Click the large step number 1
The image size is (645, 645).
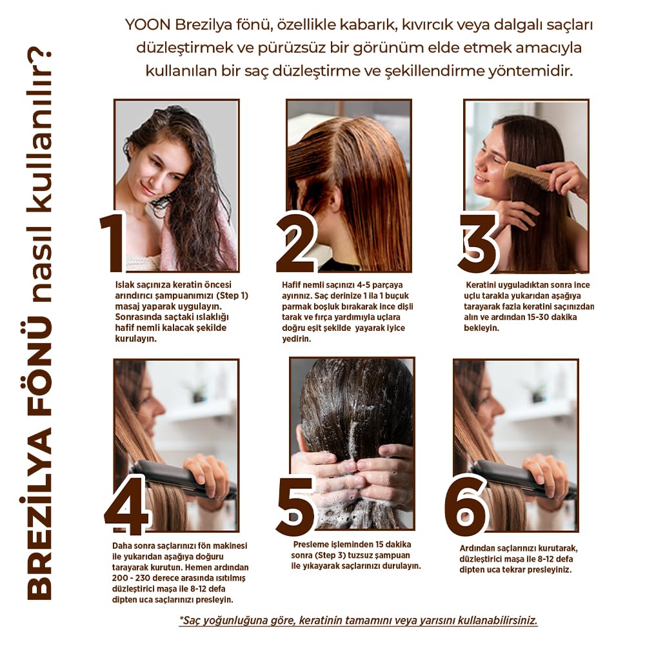[112, 242]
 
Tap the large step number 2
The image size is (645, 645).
[297, 243]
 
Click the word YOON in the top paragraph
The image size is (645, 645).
[148, 25]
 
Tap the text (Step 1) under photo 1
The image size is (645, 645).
[232, 296]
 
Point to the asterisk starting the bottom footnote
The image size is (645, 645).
[181, 618]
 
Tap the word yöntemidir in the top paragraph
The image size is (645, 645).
[530, 71]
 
